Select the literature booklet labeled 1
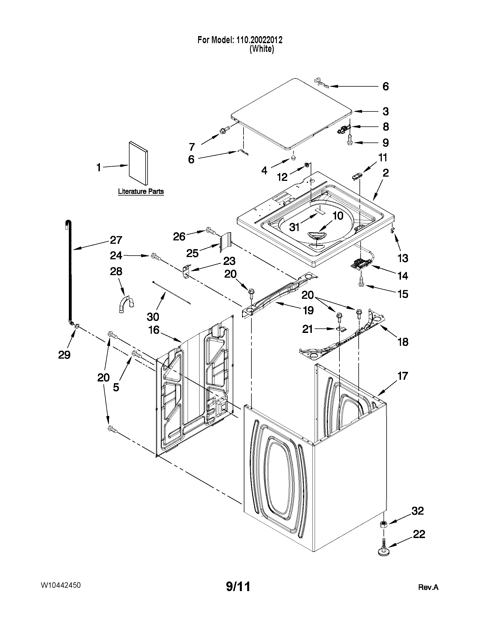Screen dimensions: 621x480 click(138, 163)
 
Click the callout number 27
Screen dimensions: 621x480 click(116, 240)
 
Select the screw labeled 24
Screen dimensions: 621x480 click(155, 256)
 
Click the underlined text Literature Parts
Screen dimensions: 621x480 click(141, 191)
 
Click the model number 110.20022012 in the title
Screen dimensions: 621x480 click(259, 40)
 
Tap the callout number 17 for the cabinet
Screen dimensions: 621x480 click(403, 376)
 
